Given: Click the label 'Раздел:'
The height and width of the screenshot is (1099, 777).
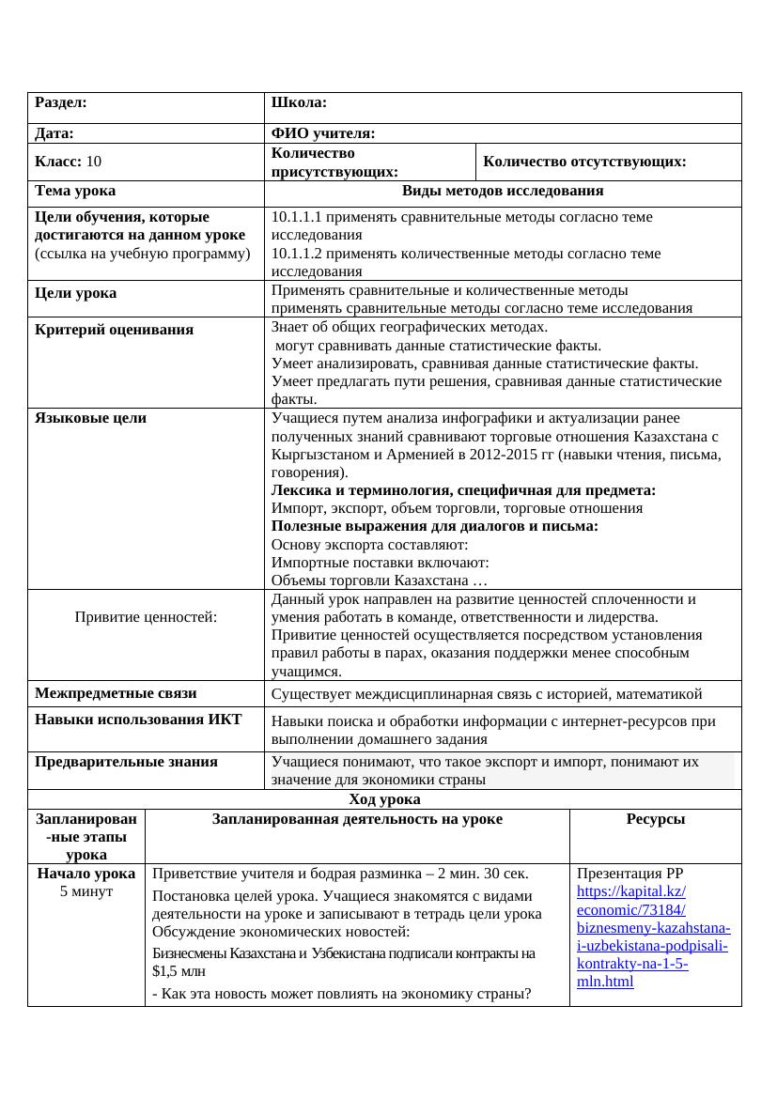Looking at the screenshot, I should [x=61, y=102].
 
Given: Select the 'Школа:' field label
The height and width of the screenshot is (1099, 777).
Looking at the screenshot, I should [x=298, y=102].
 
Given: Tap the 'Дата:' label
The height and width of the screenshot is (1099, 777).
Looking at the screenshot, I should [x=54, y=134].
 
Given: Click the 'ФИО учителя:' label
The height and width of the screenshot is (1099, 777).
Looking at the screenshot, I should [x=322, y=134].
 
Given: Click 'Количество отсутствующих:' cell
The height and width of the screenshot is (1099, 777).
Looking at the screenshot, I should [x=584, y=162].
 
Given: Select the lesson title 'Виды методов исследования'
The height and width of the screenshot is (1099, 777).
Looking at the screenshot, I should [x=502, y=192].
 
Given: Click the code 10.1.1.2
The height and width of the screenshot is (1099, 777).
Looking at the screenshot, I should [x=300, y=254].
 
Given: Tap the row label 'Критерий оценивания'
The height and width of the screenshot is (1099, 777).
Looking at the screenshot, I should [x=114, y=330].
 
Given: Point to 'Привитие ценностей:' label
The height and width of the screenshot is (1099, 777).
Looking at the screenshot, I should [x=146, y=617].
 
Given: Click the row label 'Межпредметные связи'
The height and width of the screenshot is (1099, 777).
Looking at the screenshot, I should [x=116, y=694].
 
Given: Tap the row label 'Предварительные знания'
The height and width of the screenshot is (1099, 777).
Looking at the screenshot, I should [x=126, y=762].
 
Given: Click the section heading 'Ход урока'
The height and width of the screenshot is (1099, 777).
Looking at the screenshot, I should [x=384, y=799].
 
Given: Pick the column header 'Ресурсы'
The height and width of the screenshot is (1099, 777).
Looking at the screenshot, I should [x=655, y=819].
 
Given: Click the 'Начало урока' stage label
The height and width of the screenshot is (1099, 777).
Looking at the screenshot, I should [x=85, y=874].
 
